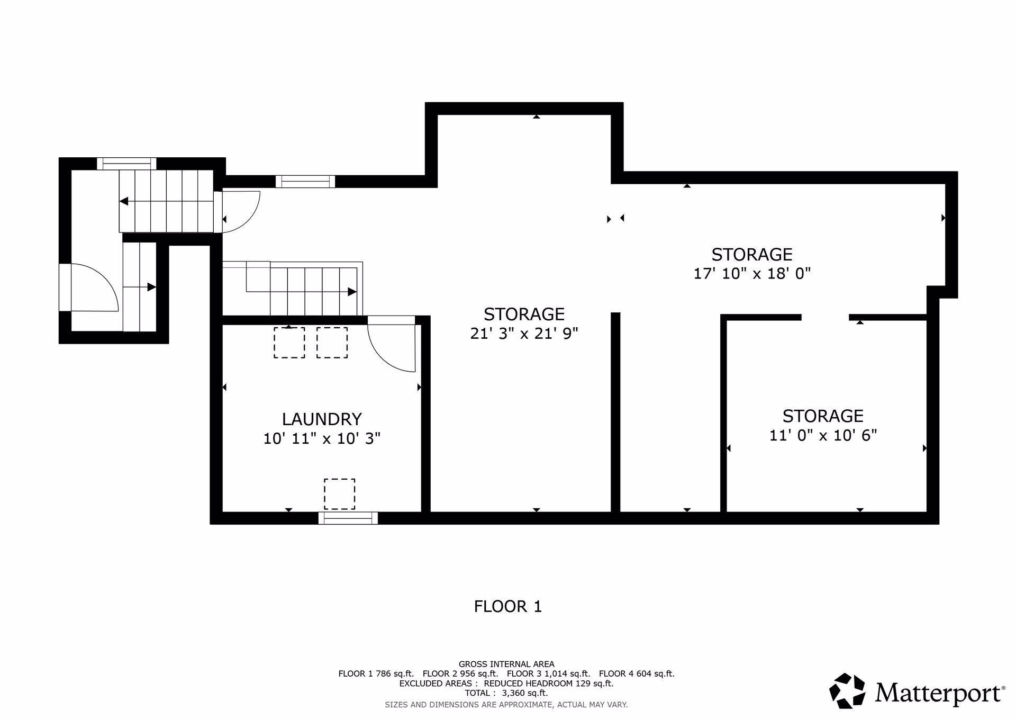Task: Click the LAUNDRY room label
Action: pyautogui.click(x=322, y=419)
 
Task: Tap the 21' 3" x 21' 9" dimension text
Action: pyautogui.click(x=524, y=334)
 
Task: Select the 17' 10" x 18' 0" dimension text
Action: pyautogui.click(x=752, y=274)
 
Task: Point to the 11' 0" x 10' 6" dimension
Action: pyautogui.click(x=823, y=435)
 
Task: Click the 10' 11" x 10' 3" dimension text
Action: pyautogui.click(x=322, y=438)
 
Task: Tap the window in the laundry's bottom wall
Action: pyautogui.click(x=348, y=518)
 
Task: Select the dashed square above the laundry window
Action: pyautogui.click(x=339, y=494)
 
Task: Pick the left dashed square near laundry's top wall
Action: pyautogui.click(x=289, y=343)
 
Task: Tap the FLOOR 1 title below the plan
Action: pyautogui.click(x=508, y=606)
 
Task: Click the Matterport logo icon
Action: pyautogui.click(x=847, y=690)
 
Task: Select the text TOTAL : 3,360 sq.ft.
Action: pyautogui.click(x=506, y=693)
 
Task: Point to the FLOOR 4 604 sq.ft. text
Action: pyautogui.click(x=637, y=674)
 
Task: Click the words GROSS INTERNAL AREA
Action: pyautogui.click(x=506, y=664)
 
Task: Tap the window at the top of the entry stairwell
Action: pyautogui.click(x=126, y=164)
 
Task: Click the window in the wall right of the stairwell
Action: pyautogui.click(x=305, y=182)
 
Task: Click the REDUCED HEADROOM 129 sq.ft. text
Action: pyautogui.click(x=549, y=684)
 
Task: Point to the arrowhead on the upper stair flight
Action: pyautogui.click(x=124, y=201)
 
